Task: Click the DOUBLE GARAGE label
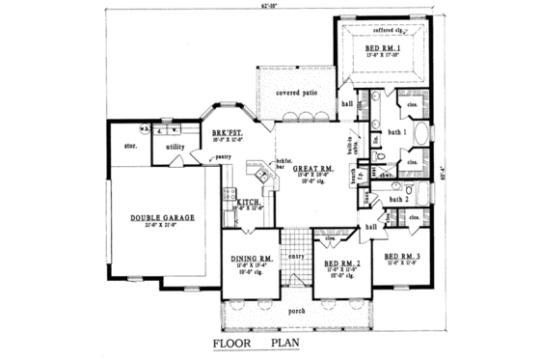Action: pos(156,218)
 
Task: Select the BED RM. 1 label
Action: pos(384,48)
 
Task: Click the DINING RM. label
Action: pos(254,259)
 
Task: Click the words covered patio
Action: pos(295,93)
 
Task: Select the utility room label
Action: pos(175,147)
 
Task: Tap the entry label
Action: pos(296,256)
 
